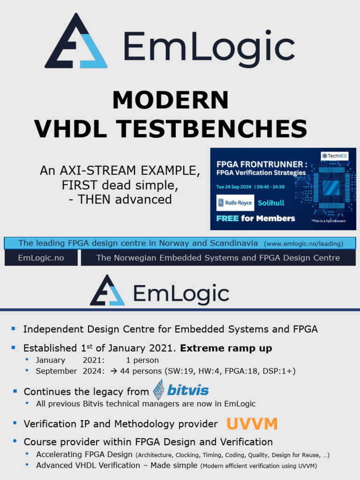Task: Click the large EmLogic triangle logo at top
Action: click(x=76, y=42)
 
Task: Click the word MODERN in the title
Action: click(x=171, y=100)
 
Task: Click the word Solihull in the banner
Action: click(x=271, y=203)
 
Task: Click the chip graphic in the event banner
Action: click(x=331, y=187)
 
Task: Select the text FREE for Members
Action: click(x=255, y=218)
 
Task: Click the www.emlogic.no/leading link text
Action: click(x=304, y=244)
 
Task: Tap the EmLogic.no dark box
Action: click(x=41, y=258)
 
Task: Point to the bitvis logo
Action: click(x=180, y=390)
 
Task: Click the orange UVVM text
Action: click(x=252, y=424)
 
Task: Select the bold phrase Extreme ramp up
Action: click(x=226, y=348)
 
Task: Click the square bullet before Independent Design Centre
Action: click(x=14, y=329)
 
